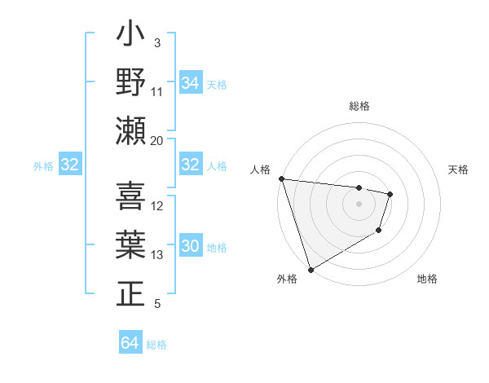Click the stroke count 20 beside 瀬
click(x=157, y=140)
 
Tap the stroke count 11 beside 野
click(x=157, y=91)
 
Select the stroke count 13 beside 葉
click(x=157, y=255)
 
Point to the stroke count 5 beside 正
click(x=157, y=304)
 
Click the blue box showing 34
click(x=191, y=83)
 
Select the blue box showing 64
click(x=130, y=343)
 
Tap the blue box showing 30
click(x=191, y=246)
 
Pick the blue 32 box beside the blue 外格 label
click(x=70, y=165)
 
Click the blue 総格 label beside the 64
click(x=156, y=345)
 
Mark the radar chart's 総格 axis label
click(x=359, y=106)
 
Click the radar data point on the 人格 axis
click(x=281, y=178)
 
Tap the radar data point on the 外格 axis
click(x=311, y=270)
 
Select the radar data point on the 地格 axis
click(x=379, y=231)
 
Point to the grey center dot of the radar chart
click(x=359, y=204)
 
